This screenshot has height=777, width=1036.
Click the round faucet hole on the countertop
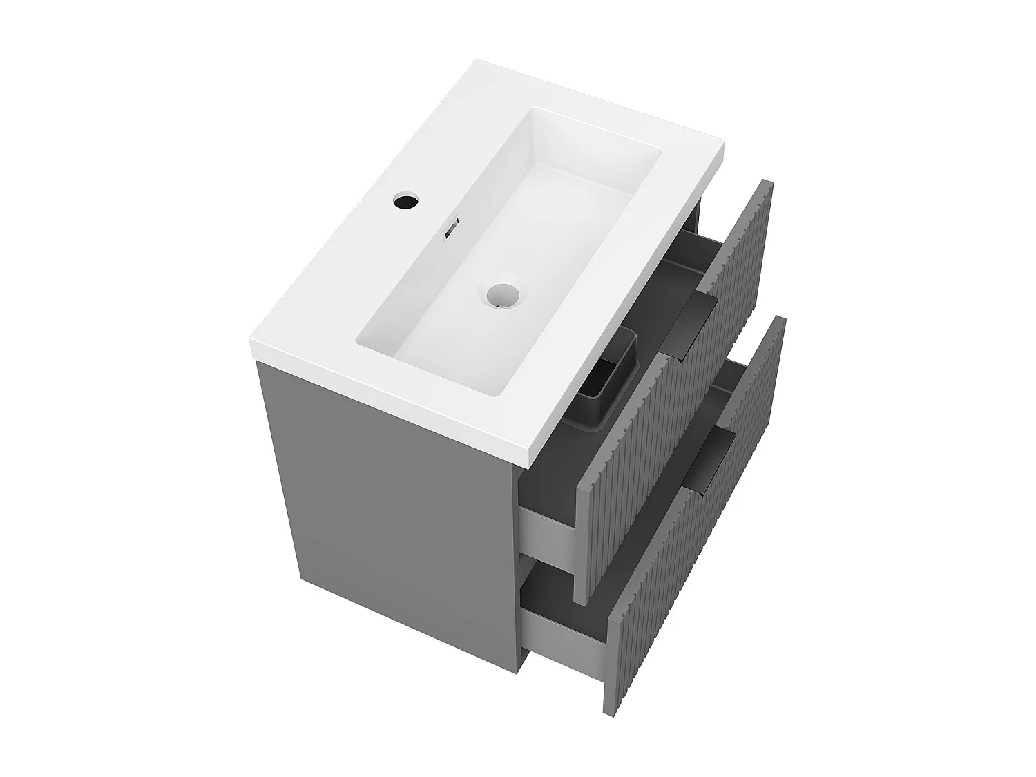click(x=405, y=201)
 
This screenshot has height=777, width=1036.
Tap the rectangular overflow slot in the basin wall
click(x=452, y=228)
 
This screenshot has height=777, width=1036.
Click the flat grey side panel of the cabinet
click(x=387, y=497)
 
